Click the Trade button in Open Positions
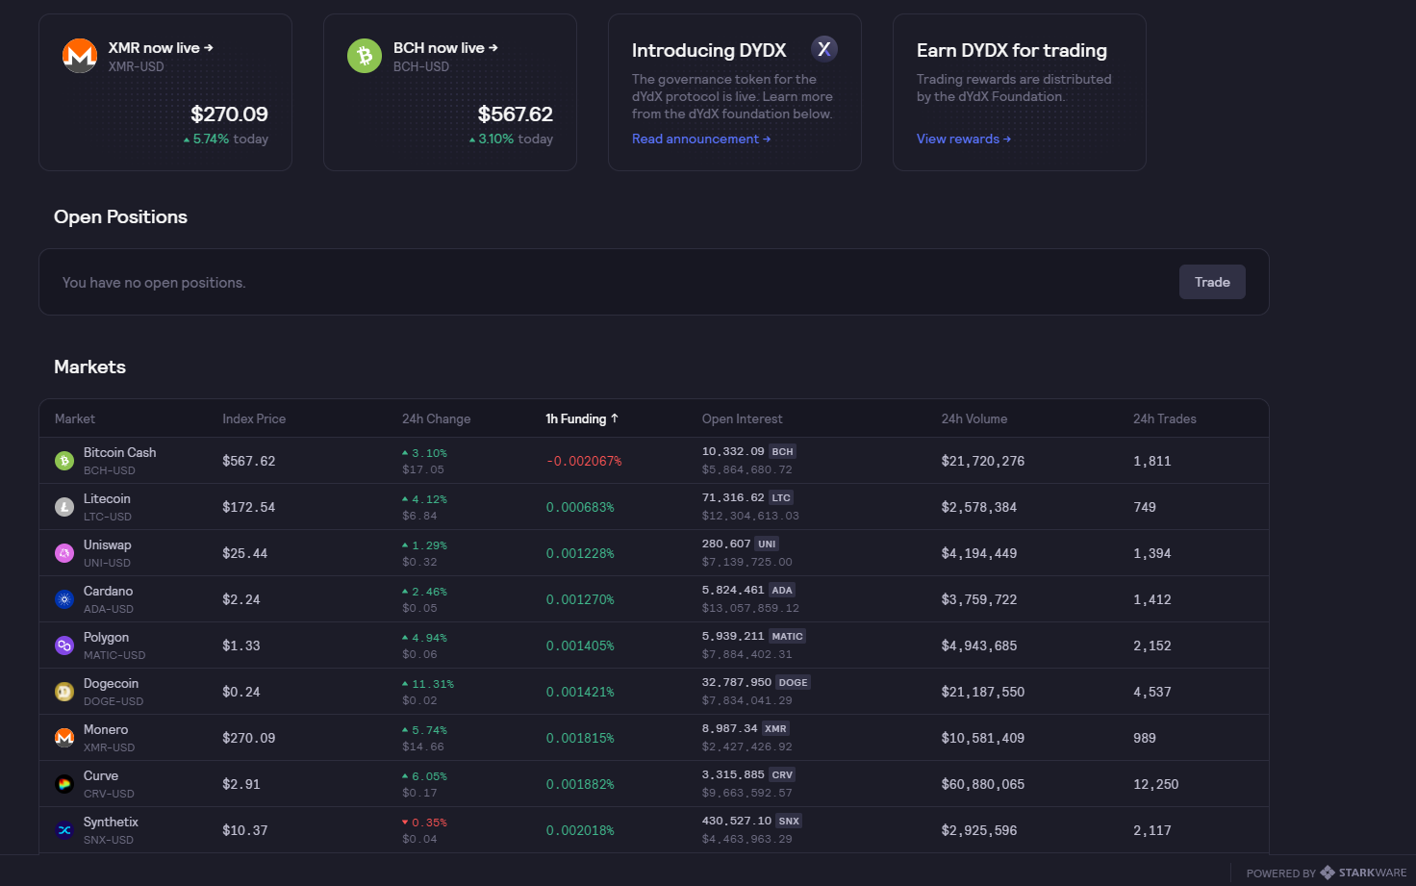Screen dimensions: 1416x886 pyautogui.click(x=1212, y=282)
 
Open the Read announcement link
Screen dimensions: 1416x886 pyautogui.click(x=701, y=139)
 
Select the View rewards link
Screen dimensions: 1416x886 pyautogui.click(x=963, y=139)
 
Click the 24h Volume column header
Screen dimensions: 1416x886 pyautogui.click(x=974, y=418)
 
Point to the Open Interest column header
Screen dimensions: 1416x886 pyautogui.click(x=742, y=418)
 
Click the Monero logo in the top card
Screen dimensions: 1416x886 pyautogui.click(x=80, y=56)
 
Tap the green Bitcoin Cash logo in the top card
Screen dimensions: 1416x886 pyautogui.click(x=365, y=56)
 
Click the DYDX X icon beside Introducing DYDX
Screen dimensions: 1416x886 pyautogui.click(x=824, y=49)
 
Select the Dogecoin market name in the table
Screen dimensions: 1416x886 pyautogui.click(x=111, y=683)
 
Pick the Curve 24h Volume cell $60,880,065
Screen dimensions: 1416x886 pyautogui.click(x=982, y=784)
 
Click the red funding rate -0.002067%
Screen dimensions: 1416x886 pyautogui.click(x=584, y=462)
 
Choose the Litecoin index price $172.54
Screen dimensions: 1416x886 pyautogui.click(x=248, y=508)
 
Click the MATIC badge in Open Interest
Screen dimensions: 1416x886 pyautogui.click(x=787, y=637)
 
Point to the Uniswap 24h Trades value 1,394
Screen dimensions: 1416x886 pyautogui.click(x=1151, y=553)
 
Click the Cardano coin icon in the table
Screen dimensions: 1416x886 pyautogui.click(x=64, y=599)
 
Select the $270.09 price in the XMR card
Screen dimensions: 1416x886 pyautogui.click(x=230, y=114)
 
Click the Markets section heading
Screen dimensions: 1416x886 pyautogui.click(x=89, y=367)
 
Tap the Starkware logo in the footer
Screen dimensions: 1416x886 pyautogui.click(x=1327, y=873)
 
